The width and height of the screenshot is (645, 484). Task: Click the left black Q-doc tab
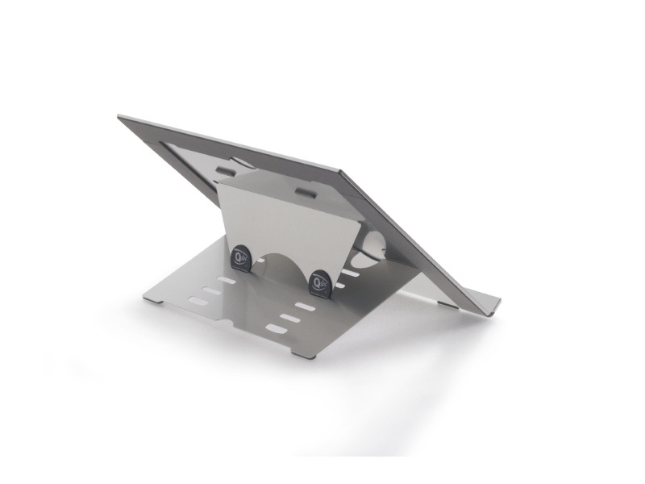click(x=241, y=257)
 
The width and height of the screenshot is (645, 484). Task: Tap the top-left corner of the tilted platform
click(x=121, y=118)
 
